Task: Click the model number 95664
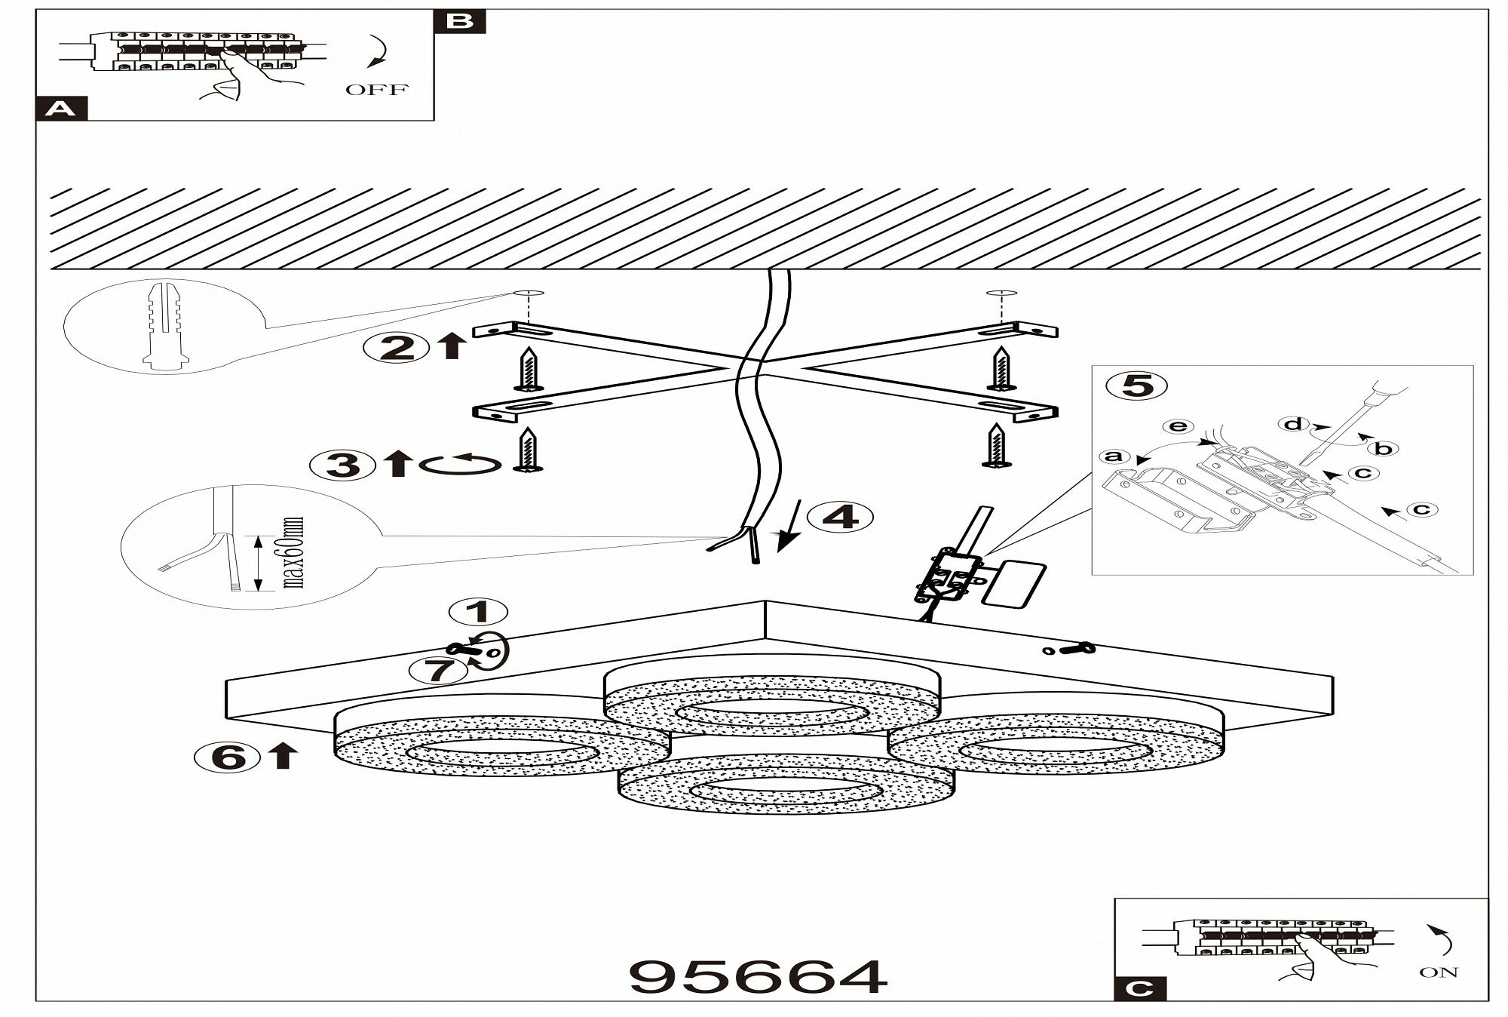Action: point(758,977)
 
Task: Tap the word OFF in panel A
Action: point(376,90)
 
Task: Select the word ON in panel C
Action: point(1439,972)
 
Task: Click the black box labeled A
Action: point(61,109)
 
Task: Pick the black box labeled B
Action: point(460,21)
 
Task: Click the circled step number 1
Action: point(478,611)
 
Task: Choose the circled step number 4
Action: point(841,517)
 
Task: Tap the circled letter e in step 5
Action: point(1177,427)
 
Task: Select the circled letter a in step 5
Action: point(1114,456)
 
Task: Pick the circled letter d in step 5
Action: point(1292,425)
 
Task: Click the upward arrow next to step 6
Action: point(282,755)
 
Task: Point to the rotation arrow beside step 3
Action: point(461,465)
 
